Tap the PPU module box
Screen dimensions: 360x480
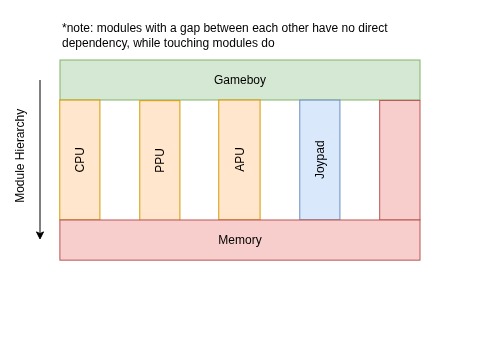coord(160,195)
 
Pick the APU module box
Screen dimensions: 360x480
coord(240,195)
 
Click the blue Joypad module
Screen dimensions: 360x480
coord(320,195)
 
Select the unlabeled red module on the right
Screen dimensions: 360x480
coord(400,160)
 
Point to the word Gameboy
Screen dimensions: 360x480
coord(240,80)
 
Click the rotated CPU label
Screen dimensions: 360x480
coord(80,160)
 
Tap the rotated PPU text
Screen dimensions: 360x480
coord(160,160)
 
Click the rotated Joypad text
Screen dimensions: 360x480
coord(320,159)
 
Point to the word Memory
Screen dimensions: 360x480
coord(240,240)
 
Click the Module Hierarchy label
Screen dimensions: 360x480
coord(20,155)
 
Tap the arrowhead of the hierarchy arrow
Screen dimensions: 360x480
coord(40,235)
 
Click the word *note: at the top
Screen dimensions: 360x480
coord(77,28)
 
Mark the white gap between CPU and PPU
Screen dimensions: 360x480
coord(120,160)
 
